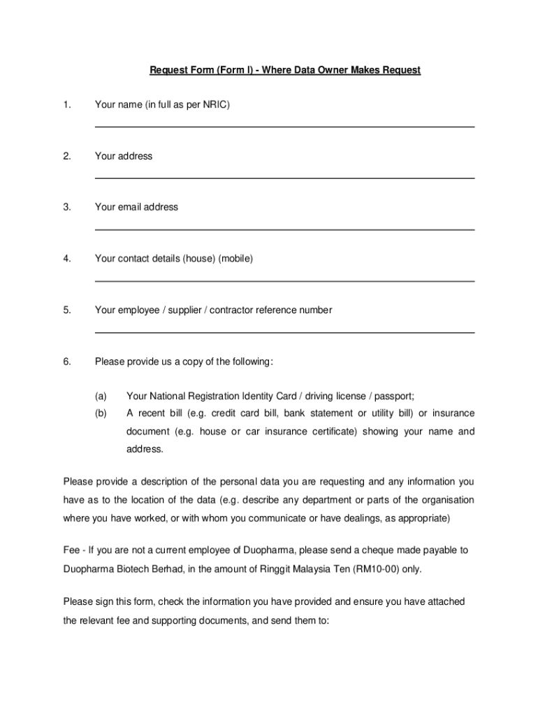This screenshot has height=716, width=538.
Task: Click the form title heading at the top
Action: tap(285, 71)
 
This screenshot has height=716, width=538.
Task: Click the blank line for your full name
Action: tap(284, 127)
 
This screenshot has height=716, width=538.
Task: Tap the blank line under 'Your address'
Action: tap(284, 178)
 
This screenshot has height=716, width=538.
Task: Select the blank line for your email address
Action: tap(284, 229)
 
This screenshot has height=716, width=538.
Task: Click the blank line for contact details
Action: tap(284, 281)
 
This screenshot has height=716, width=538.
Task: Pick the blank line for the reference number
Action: tap(284, 333)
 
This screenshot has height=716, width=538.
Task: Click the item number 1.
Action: tap(67, 105)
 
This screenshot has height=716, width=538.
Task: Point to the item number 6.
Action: tap(67, 361)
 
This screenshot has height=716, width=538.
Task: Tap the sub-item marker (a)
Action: tap(101, 396)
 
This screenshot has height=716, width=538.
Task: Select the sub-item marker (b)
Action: tap(101, 413)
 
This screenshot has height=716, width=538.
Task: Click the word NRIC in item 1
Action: tap(215, 105)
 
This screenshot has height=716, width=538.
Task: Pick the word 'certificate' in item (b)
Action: tap(330, 431)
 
